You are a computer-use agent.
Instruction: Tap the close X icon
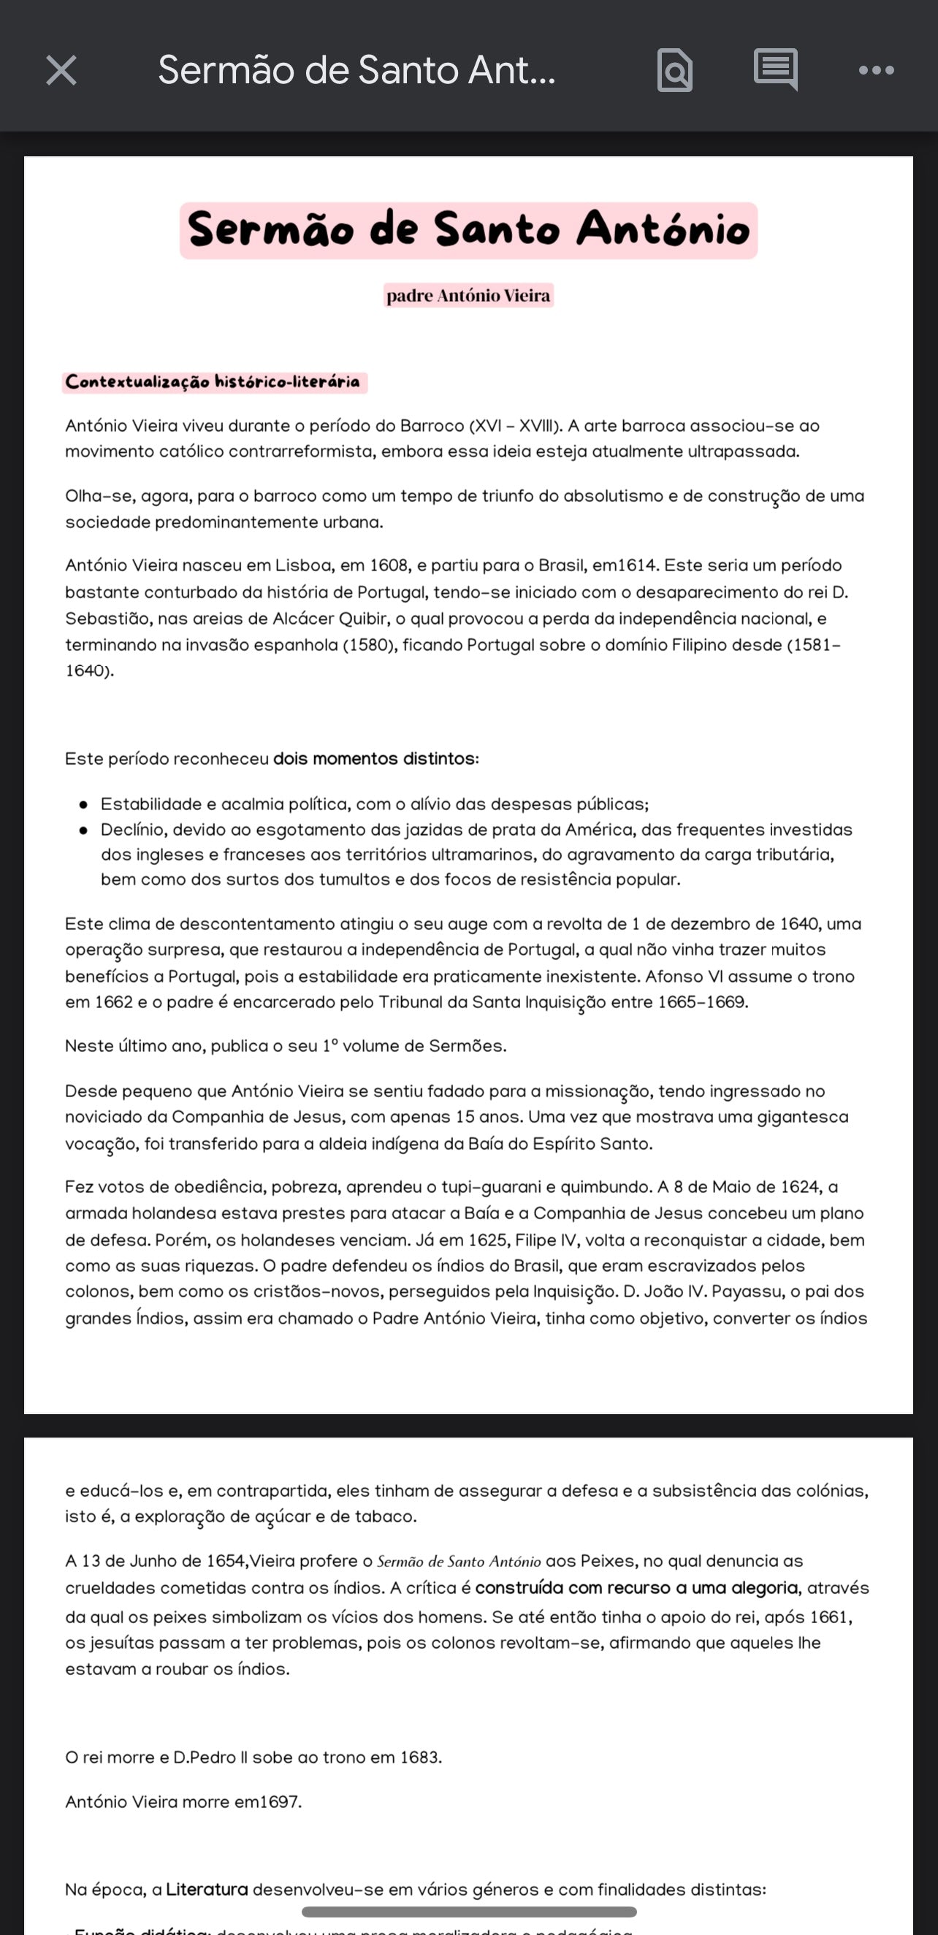point(61,71)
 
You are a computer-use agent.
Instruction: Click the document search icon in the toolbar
point(674,71)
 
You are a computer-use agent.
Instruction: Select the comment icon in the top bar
point(775,70)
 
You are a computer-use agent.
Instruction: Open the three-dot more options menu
point(876,71)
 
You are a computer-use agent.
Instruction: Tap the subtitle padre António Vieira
point(468,295)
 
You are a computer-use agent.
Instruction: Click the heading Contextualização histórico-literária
point(213,381)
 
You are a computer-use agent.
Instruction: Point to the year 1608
point(389,565)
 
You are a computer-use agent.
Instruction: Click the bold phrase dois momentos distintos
point(374,759)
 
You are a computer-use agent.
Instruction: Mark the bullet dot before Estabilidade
point(83,804)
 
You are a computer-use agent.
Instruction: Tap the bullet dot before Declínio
point(83,830)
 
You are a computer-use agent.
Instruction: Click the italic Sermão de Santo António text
point(458,1562)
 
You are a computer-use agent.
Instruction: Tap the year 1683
point(420,1757)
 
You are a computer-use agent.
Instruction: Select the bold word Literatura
point(207,1888)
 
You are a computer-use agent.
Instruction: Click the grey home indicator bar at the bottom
point(468,1912)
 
